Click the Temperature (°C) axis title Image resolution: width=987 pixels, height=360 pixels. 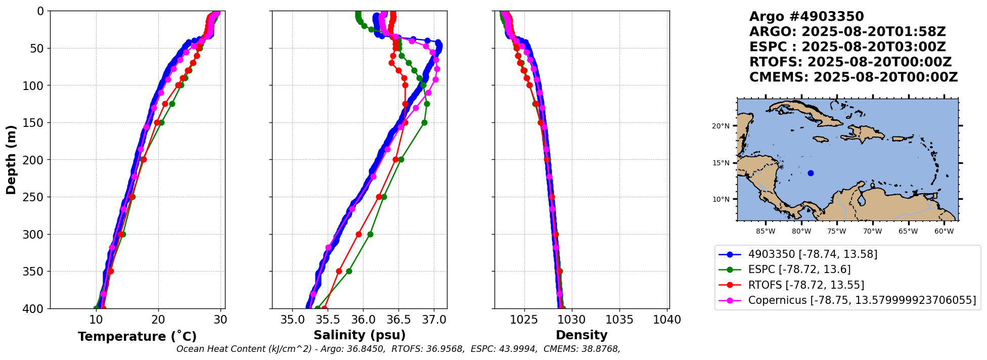coord(137,337)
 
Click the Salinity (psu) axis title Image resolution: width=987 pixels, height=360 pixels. coord(360,335)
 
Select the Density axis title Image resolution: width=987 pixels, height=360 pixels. coord(581,335)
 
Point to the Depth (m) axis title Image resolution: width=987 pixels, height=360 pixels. coord(11,160)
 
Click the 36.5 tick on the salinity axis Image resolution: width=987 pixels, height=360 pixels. coord(398,320)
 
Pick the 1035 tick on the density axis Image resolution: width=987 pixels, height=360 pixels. coord(619,320)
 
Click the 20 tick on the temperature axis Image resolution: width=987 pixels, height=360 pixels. coord(158,320)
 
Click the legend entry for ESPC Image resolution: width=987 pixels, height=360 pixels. coord(799,269)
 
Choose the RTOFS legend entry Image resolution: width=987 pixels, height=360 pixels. coord(805,285)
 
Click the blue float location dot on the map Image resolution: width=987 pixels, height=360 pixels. coord(811,173)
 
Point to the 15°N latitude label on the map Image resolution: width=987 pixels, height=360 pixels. coord(721,163)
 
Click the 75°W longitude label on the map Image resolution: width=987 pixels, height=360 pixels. coord(837,232)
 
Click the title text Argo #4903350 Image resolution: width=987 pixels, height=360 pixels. coord(806,17)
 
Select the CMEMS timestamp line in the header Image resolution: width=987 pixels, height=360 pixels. coord(854,77)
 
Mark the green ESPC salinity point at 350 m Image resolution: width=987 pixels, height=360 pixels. coord(349,272)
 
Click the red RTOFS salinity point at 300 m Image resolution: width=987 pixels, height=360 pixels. coord(358,234)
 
